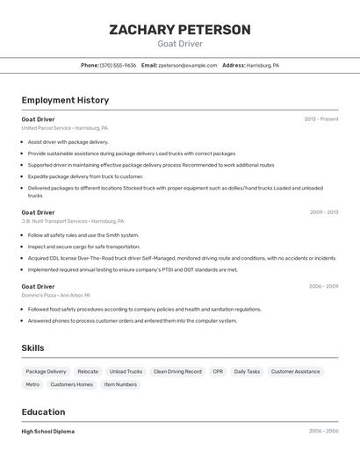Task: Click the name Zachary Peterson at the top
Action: pos(179,30)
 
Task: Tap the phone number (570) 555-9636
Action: pos(118,65)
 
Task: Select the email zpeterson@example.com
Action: pos(187,65)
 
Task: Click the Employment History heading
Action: pos(65,100)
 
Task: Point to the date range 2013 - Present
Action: pos(320,119)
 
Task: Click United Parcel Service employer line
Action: pos(65,128)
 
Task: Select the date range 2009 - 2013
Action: pos(323,212)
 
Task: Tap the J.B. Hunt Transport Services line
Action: pos(73,221)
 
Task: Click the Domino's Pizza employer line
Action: pos(57,296)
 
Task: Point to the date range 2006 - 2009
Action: pos(323,287)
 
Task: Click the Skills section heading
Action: pos(32,348)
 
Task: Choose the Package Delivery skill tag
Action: pos(46,372)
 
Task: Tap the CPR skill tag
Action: pos(218,372)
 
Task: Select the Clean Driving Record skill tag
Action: pos(177,372)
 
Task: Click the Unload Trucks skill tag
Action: pos(126,372)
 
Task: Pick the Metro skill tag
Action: pos(32,384)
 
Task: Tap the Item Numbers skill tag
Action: pos(120,384)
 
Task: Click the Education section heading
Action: pos(43,412)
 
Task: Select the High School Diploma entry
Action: pos(48,432)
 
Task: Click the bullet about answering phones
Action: pos(132,321)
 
